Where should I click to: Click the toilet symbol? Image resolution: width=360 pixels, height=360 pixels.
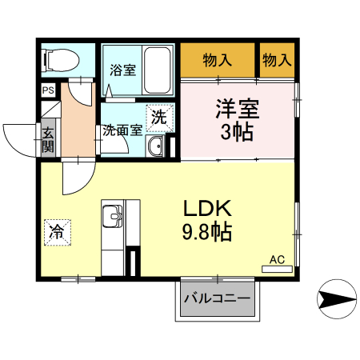(x=61, y=60)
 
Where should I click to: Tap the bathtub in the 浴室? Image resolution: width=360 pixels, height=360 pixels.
(x=157, y=70)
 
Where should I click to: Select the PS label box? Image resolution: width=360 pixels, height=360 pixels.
(x=48, y=90)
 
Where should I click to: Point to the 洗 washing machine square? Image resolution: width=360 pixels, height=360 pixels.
(x=160, y=118)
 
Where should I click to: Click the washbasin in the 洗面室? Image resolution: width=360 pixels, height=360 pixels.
(x=155, y=146)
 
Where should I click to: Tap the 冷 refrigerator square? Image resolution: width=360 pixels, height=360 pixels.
(x=58, y=232)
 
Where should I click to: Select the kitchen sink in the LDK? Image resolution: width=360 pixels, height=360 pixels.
(x=113, y=216)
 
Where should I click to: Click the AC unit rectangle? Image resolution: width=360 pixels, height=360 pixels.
(x=277, y=270)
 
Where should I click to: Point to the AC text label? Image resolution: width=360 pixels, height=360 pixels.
(x=277, y=259)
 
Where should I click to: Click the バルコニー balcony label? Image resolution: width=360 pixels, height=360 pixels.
(x=218, y=298)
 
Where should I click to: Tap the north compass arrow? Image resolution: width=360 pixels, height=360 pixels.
(x=337, y=299)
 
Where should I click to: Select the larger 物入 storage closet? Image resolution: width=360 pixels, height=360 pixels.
(x=218, y=60)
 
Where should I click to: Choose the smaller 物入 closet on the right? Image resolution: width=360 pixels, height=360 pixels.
(x=277, y=60)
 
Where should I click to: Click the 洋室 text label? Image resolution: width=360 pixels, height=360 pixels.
(x=238, y=109)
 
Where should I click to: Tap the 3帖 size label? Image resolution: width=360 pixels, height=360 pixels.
(x=237, y=132)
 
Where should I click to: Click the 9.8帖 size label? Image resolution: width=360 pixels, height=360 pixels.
(x=207, y=232)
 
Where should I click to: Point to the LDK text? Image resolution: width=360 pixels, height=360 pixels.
(x=207, y=208)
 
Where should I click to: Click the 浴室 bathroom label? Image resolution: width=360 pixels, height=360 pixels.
(x=123, y=70)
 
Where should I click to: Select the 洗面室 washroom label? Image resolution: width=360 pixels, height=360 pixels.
(x=122, y=130)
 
